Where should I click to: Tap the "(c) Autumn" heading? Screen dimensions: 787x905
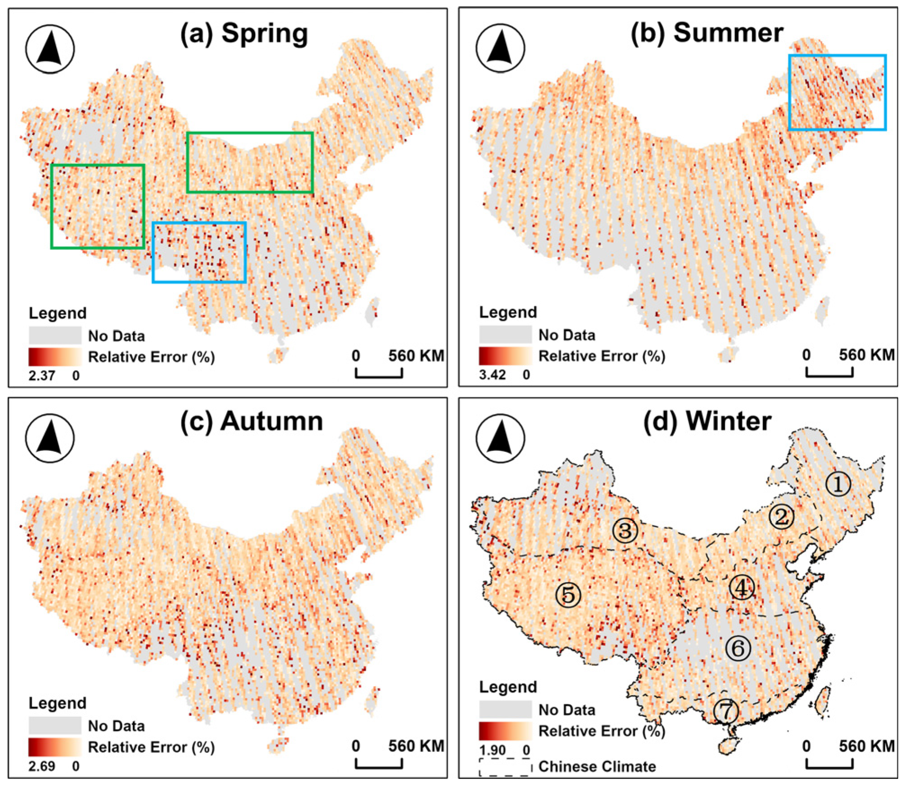[x=251, y=422]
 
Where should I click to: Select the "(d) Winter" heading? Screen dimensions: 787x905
[x=707, y=422]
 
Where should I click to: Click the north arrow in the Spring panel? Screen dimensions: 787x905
[x=49, y=49]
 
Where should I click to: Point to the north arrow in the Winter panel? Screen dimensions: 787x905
[x=500, y=438]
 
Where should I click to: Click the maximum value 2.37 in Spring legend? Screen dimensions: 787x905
[x=41, y=375]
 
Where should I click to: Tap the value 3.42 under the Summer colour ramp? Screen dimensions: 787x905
[x=492, y=374]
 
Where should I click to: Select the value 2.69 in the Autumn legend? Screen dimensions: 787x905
[x=41, y=766]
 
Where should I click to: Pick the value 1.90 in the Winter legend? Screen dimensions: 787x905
[x=492, y=750]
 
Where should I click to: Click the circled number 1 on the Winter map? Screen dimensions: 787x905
[x=838, y=484]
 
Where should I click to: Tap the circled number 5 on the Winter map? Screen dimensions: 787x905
[x=568, y=595]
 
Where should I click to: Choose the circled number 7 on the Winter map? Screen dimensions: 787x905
[x=726, y=711]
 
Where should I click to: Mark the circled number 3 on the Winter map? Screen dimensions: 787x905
[x=625, y=530]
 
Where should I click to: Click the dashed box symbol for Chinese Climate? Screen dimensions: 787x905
[x=505, y=767]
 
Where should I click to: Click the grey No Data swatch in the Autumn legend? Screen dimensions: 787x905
[x=55, y=726]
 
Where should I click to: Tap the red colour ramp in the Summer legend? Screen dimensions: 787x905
[x=505, y=355]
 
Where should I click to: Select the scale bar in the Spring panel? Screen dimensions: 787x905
[x=379, y=373]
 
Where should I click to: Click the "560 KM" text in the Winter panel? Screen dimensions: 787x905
[x=866, y=746]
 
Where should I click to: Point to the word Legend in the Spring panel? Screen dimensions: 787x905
[x=58, y=313]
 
